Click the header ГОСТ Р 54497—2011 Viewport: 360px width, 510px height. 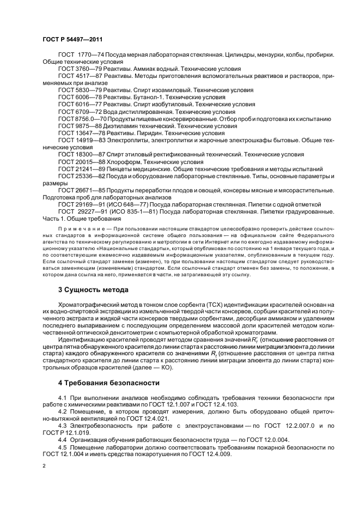tap(72, 40)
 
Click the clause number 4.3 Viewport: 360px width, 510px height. tap(63, 424)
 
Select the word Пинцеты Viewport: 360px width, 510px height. tap(121, 169)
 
